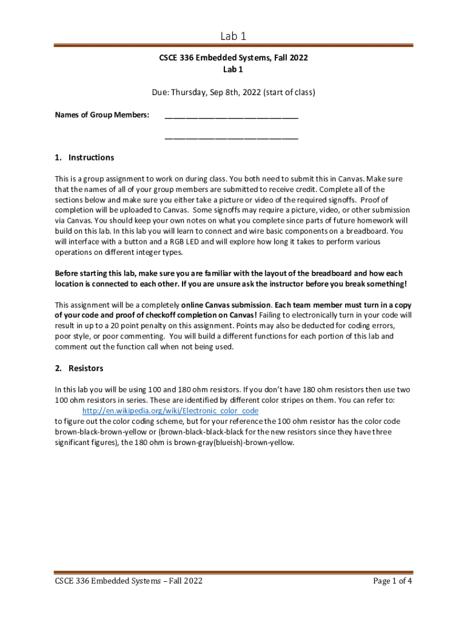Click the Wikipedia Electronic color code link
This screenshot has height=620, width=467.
tap(170, 411)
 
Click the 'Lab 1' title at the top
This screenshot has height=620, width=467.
tap(233, 36)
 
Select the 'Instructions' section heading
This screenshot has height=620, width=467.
tap(91, 157)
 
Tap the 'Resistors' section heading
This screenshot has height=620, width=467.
tap(86, 368)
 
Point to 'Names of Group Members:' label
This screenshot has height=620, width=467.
tap(102, 115)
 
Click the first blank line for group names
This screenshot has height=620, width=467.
tap(231, 115)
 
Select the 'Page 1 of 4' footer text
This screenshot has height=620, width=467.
tap(393, 581)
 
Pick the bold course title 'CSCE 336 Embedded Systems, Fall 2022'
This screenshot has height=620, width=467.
tap(233, 59)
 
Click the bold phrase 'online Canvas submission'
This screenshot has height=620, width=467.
tap(226, 305)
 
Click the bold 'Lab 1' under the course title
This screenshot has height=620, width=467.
tap(233, 70)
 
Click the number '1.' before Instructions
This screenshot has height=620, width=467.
tap(58, 157)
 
